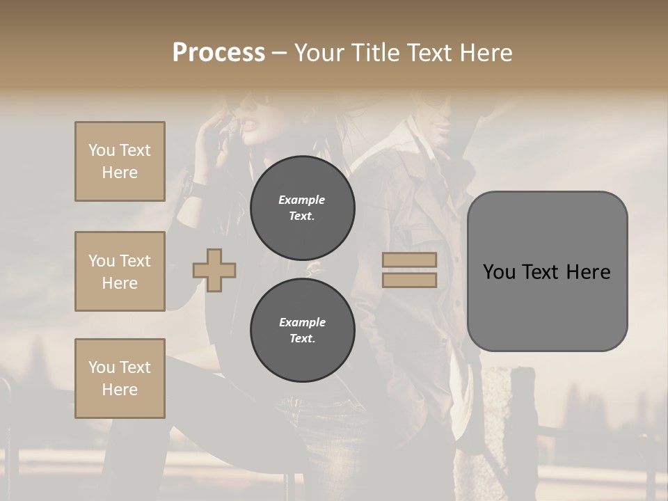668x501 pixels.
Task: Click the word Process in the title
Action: coord(218,53)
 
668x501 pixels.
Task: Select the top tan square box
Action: coord(120,161)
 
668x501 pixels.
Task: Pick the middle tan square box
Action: coord(120,271)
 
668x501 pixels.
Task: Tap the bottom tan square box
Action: coord(120,379)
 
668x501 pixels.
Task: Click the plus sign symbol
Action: coord(214,270)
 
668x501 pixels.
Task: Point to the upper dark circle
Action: coord(302,207)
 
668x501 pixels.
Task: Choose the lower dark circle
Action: coord(302,330)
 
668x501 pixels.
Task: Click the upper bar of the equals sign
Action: coord(409,260)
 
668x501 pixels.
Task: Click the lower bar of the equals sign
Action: coord(409,280)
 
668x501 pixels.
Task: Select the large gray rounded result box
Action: coord(547,271)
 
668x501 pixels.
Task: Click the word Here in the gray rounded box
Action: coord(588,272)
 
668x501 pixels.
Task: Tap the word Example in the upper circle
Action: coord(302,200)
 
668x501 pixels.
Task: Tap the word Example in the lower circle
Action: coord(302,322)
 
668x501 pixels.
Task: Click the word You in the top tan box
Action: coord(101,150)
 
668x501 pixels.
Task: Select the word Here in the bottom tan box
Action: coord(120,390)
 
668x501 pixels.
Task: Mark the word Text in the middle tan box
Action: coord(134,261)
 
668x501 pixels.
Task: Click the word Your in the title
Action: coord(321,53)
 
